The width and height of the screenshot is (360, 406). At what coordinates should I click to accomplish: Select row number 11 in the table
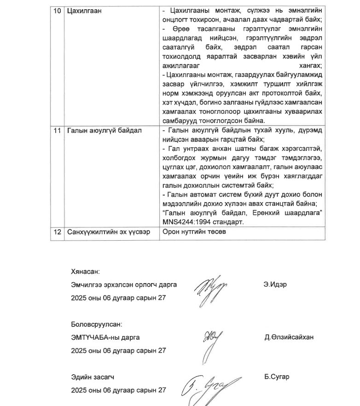pos(57,130)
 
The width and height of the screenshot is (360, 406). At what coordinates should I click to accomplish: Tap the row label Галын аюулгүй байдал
pos(104,130)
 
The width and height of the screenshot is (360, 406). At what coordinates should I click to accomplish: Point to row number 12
pos(57,232)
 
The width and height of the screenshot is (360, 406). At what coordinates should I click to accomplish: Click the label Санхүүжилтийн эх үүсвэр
pos(108,232)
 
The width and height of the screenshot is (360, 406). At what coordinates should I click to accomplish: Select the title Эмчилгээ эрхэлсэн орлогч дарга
pos(123,285)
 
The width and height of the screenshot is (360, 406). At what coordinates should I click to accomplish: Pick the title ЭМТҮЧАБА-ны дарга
pos(105,337)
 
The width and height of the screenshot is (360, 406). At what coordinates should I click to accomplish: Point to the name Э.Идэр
pos(275,285)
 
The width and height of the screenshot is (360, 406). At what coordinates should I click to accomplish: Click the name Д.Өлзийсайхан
pos(289,337)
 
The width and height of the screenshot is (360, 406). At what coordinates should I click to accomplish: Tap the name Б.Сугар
pos(277,377)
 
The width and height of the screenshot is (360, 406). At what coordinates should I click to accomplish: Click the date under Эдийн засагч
pos(118,390)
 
